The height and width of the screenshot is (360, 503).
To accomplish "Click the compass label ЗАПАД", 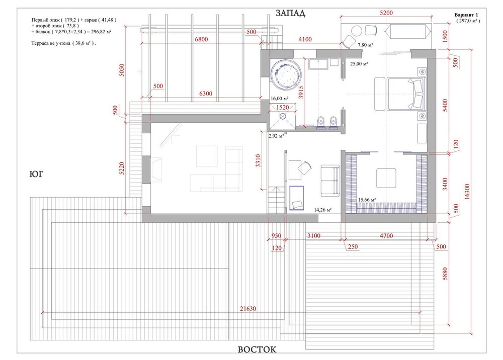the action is tap(290, 13).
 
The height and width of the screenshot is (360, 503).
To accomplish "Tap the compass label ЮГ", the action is tap(36, 174).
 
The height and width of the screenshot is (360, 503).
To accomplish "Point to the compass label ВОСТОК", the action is tap(257, 349).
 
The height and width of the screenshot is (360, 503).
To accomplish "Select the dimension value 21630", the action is tap(248, 309).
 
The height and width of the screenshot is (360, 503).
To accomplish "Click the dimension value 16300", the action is tap(467, 192).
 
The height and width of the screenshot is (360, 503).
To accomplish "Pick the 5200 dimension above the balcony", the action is tap(386, 13).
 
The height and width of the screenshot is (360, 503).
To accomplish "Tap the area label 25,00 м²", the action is tap(359, 64).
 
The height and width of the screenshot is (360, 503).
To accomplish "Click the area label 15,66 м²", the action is tap(367, 200).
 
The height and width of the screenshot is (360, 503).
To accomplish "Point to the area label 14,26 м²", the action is tap(323, 210).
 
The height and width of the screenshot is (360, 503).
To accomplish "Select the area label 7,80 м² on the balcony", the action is tap(365, 45).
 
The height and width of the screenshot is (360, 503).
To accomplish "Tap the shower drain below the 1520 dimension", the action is tap(283, 116).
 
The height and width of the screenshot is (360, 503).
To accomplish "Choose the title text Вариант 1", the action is tap(466, 15).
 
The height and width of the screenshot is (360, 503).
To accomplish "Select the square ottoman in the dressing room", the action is tap(386, 178).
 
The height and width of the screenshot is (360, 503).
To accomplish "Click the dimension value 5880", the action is tap(445, 274).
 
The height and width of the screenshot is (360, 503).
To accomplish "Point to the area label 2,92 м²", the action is tap(276, 136).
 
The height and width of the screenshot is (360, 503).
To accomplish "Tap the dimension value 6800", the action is tap(202, 39).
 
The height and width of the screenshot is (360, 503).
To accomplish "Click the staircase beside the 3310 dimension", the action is tap(276, 201).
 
